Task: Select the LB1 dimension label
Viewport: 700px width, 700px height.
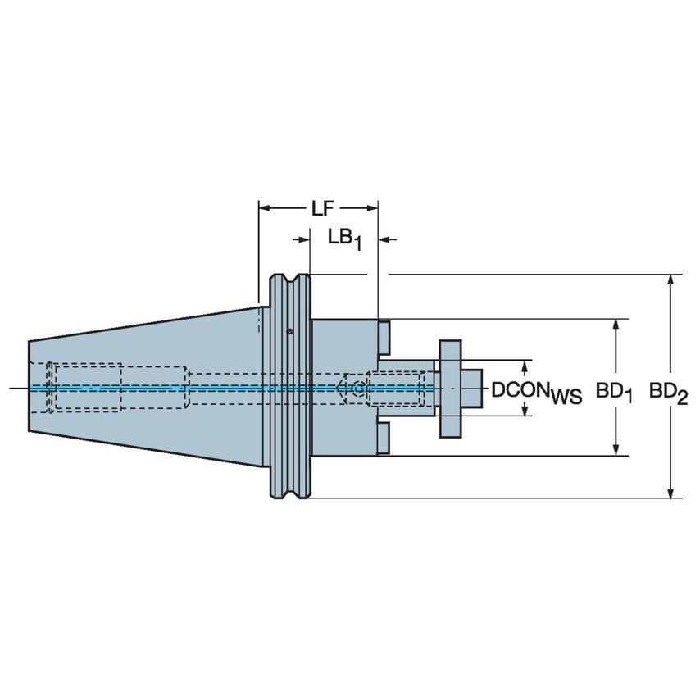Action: tap(344, 239)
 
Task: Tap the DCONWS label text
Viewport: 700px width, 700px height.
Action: tap(536, 393)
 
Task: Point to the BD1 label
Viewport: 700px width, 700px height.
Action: tap(615, 393)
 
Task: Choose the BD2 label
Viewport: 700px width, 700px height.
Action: tap(668, 393)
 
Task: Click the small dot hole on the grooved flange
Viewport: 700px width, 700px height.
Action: tap(290, 332)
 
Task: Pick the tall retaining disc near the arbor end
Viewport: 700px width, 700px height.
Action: tap(450, 387)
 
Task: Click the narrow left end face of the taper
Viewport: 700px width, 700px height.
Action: tap(30, 387)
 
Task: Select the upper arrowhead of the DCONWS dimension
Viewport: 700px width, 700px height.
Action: tap(525, 364)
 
